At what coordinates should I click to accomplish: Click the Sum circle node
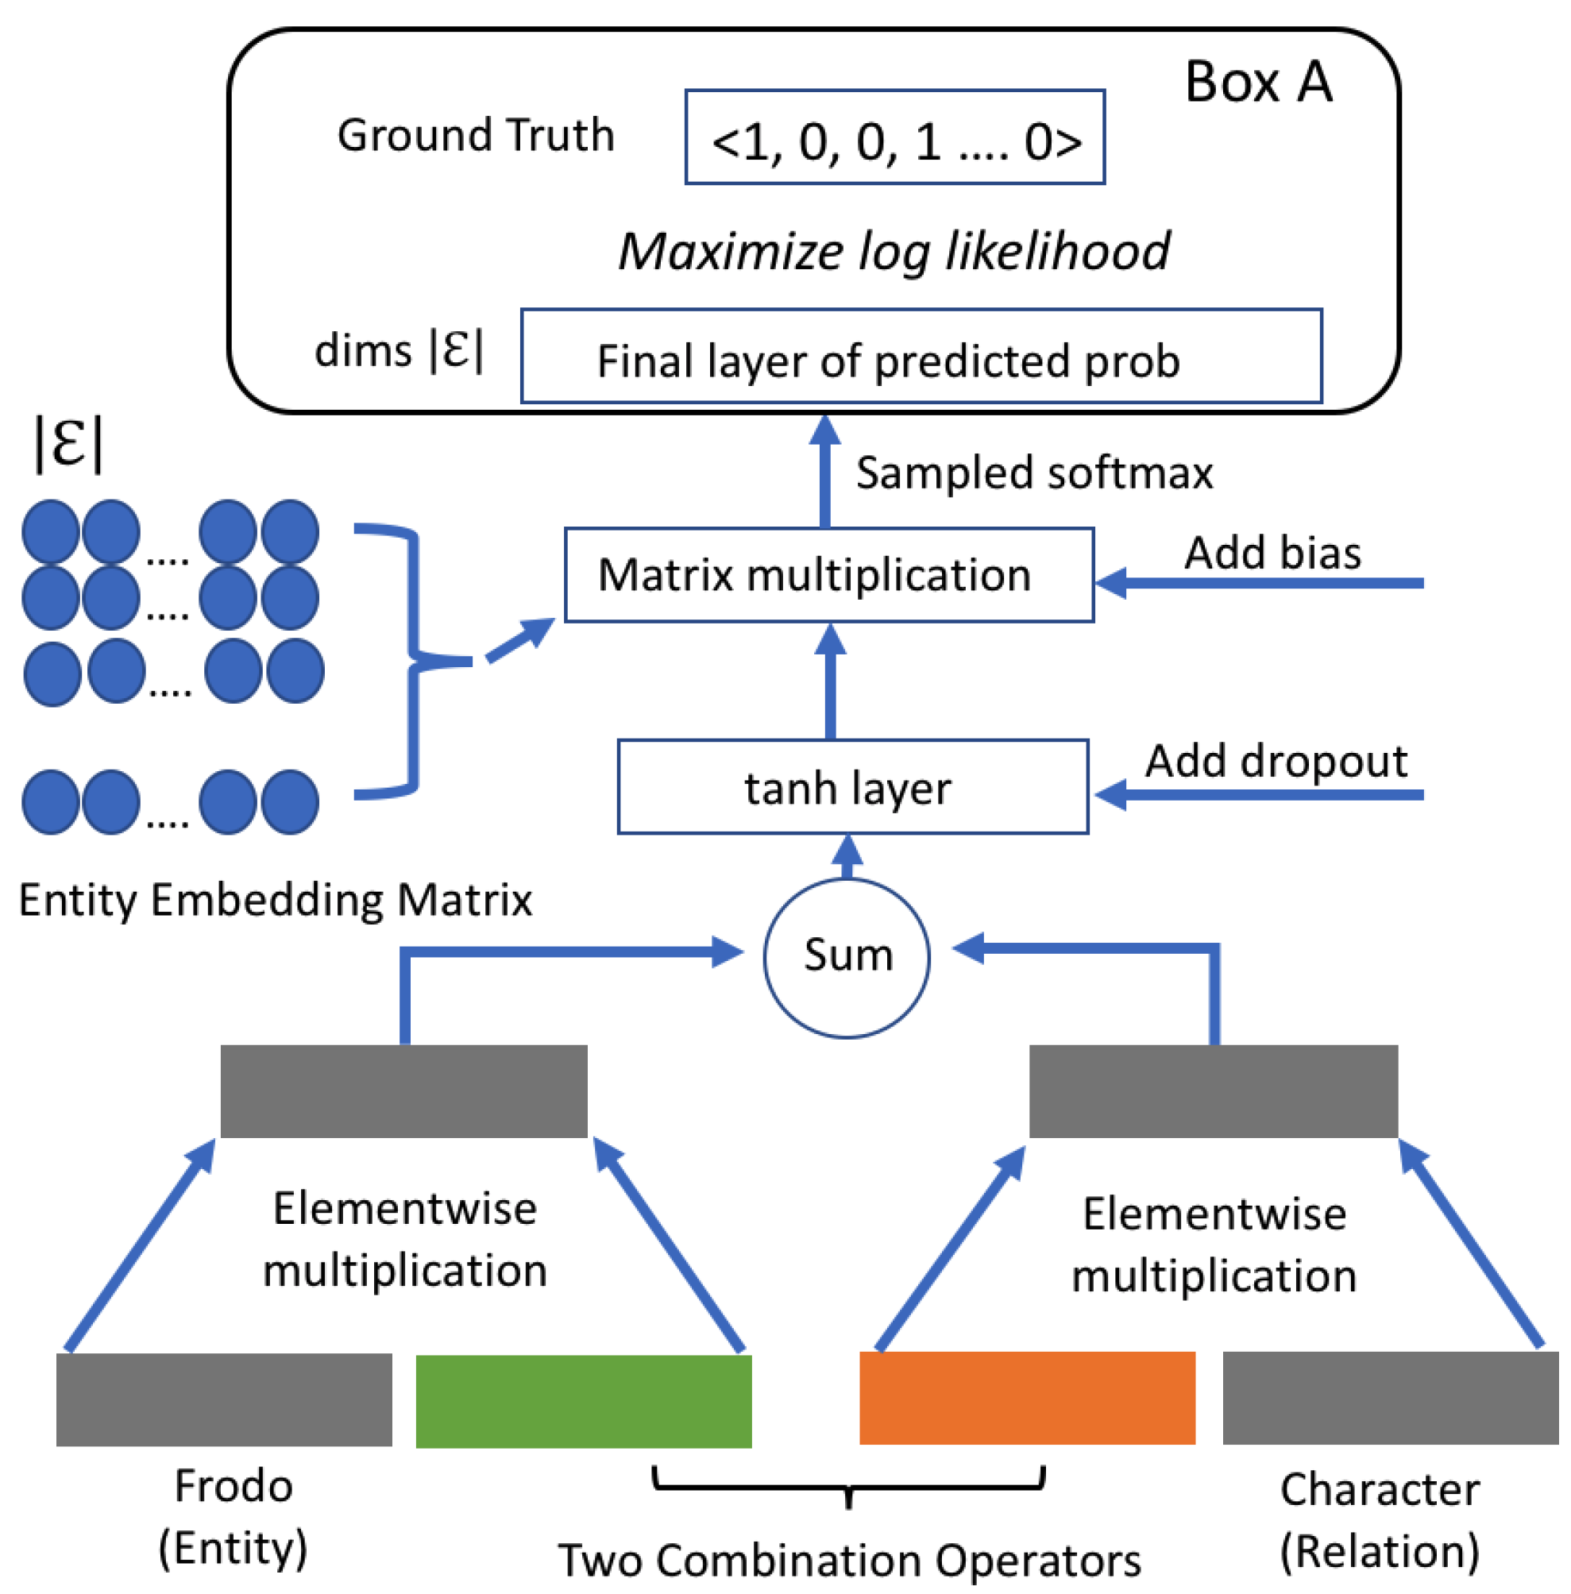847,958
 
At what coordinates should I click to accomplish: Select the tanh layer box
853,787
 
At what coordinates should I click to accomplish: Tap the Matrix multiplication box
829,575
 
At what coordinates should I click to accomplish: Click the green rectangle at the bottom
583,1402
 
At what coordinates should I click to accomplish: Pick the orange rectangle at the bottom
1027,1399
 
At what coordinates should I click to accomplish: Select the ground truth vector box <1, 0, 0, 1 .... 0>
895,137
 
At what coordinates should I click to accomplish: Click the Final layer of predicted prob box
921,357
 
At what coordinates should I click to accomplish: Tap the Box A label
1258,83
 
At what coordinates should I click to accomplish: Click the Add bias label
1273,553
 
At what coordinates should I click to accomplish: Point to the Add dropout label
1276,761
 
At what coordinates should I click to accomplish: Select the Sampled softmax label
1034,473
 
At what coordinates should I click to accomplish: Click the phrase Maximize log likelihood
894,251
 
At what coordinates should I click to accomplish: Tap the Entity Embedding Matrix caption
275,899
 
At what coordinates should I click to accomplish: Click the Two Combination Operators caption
849,1559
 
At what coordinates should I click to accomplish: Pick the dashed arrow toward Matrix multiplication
519,640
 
